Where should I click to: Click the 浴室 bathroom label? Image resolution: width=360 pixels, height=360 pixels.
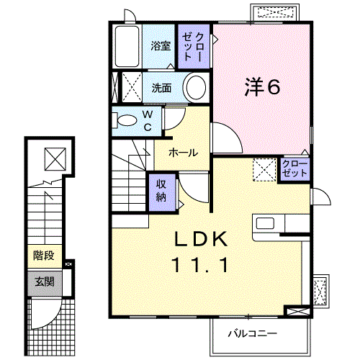(160, 45)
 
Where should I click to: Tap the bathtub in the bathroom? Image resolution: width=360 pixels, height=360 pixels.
(127, 46)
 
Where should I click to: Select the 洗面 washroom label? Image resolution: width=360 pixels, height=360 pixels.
(161, 89)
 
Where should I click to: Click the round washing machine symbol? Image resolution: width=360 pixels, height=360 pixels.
(195, 89)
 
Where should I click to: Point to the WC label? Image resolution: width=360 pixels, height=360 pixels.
(147, 121)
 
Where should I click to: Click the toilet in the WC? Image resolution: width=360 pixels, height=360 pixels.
(125, 120)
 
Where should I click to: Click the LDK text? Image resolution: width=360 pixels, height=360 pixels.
(200, 240)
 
